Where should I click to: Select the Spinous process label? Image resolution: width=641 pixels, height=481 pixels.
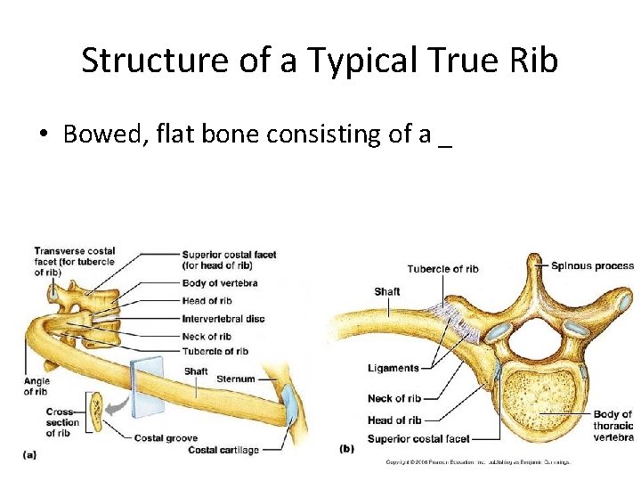(x=592, y=265)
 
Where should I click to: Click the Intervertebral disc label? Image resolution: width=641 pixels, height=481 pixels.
(x=223, y=319)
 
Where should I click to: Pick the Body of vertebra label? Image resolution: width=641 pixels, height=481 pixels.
(x=220, y=283)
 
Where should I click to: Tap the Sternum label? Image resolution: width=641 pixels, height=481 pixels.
(x=235, y=379)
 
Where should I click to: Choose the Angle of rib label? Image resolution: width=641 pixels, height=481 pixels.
(x=37, y=387)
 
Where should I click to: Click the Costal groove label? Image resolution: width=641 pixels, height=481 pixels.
(x=166, y=437)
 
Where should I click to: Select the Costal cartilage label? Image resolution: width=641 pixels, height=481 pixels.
(x=223, y=450)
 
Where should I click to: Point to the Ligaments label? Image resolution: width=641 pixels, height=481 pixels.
(x=393, y=368)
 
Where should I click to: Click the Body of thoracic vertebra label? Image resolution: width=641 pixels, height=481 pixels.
(x=613, y=426)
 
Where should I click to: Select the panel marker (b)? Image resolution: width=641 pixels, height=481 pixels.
(x=346, y=449)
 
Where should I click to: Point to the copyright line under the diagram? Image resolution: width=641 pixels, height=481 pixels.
(x=477, y=461)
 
